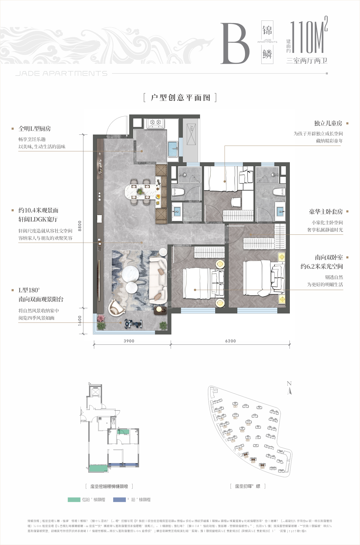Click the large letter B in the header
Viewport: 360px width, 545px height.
tap(235, 44)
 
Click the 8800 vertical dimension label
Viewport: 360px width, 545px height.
tap(80, 226)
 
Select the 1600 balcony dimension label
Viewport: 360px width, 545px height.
tap(80, 320)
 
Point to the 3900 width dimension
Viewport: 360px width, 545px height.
tap(129, 341)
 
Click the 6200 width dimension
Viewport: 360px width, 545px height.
tap(231, 341)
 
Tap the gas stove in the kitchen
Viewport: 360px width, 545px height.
tap(156, 123)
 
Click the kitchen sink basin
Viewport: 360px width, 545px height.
tap(172, 149)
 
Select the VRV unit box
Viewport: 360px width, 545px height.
tap(191, 134)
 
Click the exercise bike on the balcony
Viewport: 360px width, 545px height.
tap(133, 324)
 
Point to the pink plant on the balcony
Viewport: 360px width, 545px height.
tap(100, 318)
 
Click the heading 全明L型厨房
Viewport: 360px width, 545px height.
tap(34, 129)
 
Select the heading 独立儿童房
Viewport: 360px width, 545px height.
tap(328, 123)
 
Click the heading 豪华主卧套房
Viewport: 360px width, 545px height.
tap(326, 212)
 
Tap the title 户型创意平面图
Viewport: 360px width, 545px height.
tap(180, 98)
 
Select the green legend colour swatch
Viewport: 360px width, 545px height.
tap(74, 500)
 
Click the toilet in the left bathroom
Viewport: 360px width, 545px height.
tap(178, 192)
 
